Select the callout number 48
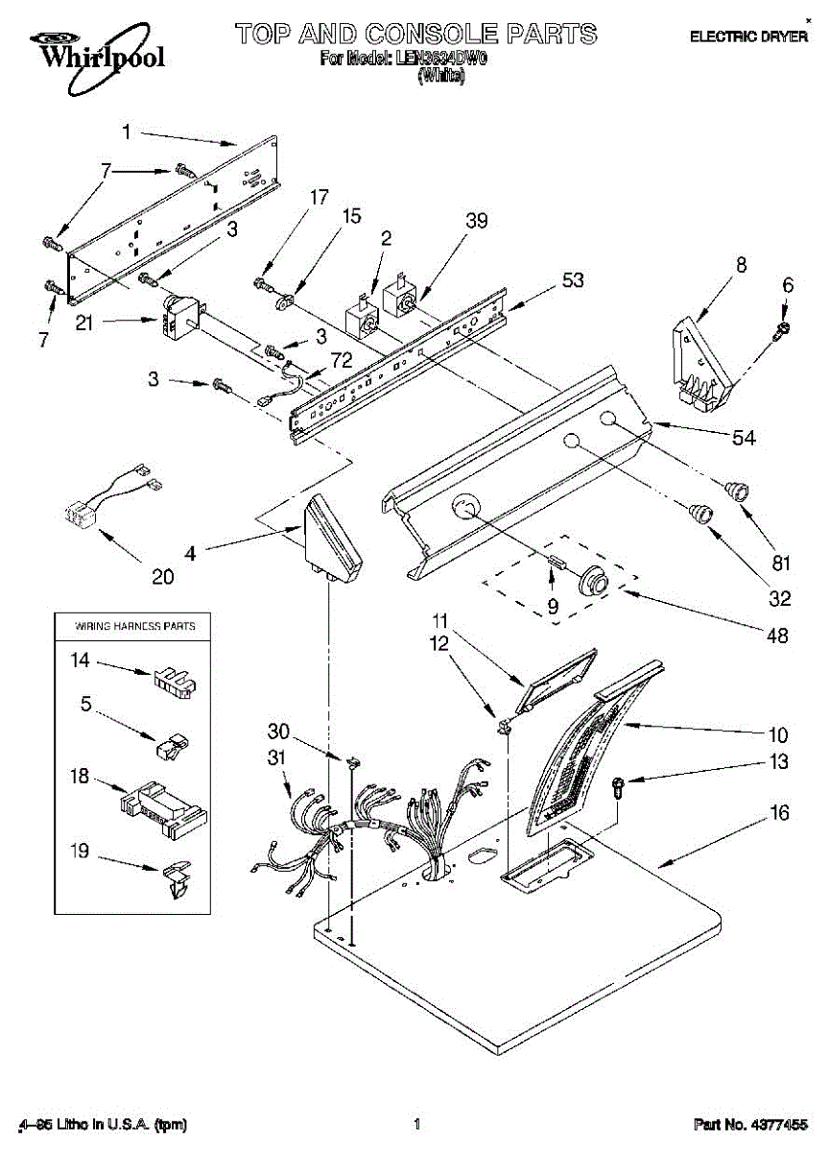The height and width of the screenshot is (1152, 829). click(774, 635)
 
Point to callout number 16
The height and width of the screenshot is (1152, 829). click(778, 813)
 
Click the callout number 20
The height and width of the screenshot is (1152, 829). click(163, 576)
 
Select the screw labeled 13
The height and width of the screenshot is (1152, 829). click(618, 787)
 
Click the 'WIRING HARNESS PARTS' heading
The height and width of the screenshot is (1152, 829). click(135, 626)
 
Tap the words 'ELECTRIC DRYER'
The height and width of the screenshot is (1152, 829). click(749, 36)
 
